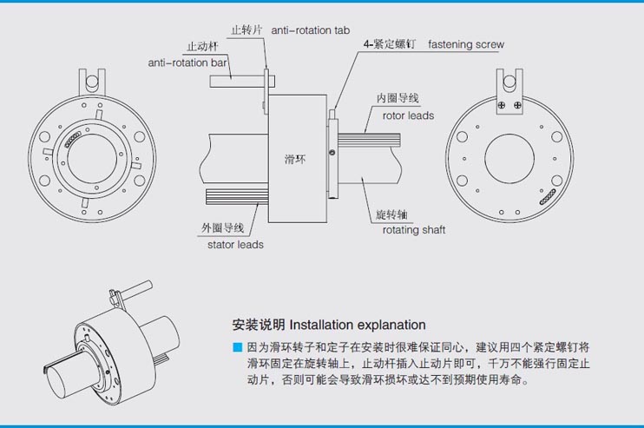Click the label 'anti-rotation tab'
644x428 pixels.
300,30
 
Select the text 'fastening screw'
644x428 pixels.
466,44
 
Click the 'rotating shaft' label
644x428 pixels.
414,230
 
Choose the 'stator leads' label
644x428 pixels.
235,244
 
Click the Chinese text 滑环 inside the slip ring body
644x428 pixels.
295,160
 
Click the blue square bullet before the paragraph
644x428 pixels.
237,347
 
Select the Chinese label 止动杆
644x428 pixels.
201,47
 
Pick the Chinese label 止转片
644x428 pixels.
246,30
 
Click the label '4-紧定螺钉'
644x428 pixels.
391,44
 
